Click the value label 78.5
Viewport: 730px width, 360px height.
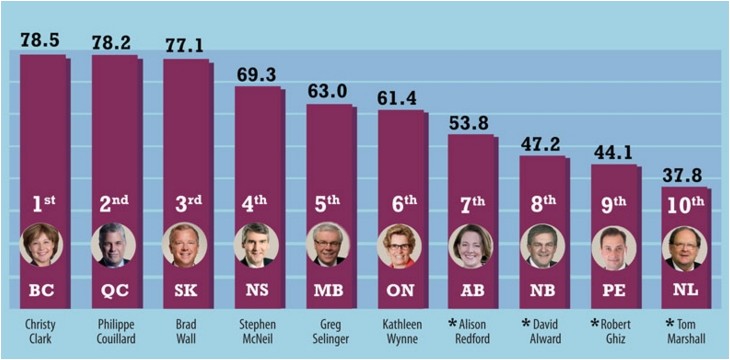point(40,40)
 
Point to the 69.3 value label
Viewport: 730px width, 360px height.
point(257,74)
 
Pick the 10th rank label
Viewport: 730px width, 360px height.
point(685,205)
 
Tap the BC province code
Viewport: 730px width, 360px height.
point(42,291)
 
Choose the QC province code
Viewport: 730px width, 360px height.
point(114,291)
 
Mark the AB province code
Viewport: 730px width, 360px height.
point(471,291)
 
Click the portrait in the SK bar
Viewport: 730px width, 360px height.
point(185,245)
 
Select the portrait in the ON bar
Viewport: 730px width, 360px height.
point(399,245)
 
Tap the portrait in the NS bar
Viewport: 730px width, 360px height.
point(257,245)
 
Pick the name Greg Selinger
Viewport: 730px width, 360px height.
point(329,331)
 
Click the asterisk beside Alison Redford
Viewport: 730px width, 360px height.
point(453,323)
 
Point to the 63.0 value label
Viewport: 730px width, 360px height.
point(328,91)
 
